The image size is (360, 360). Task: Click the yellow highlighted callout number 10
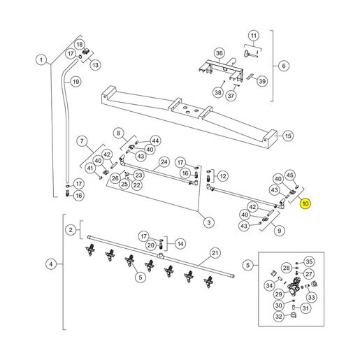click(x=305, y=203)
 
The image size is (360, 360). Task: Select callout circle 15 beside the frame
click(x=288, y=136)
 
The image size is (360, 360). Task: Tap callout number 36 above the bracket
click(x=219, y=53)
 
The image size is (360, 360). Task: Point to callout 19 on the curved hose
click(x=75, y=82)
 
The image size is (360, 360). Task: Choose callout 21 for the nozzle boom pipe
click(x=215, y=253)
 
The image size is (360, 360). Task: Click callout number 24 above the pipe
click(x=164, y=162)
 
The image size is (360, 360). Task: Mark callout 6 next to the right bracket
click(x=284, y=66)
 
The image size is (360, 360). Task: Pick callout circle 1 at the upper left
click(x=41, y=60)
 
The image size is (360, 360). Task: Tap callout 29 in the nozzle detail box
click(x=279, y=294)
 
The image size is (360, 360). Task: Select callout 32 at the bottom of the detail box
click(x=279, y=317)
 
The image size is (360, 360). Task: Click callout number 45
click(x=290, y=175)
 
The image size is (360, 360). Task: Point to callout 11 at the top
click(x=254, y=36)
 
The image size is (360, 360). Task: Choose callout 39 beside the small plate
click(x=262, y=81)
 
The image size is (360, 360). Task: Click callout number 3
click(x=209, y=222)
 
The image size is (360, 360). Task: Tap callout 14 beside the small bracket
click(x=180, y=244)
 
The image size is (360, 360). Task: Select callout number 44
click(x=155, y=141)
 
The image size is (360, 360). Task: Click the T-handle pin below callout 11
click(x=251, y=55)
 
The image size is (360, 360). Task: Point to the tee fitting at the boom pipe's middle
click(x=161, y=256)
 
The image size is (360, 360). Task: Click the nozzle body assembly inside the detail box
click(x=294, y=286)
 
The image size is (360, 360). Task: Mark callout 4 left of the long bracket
click(x=51, y=264)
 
